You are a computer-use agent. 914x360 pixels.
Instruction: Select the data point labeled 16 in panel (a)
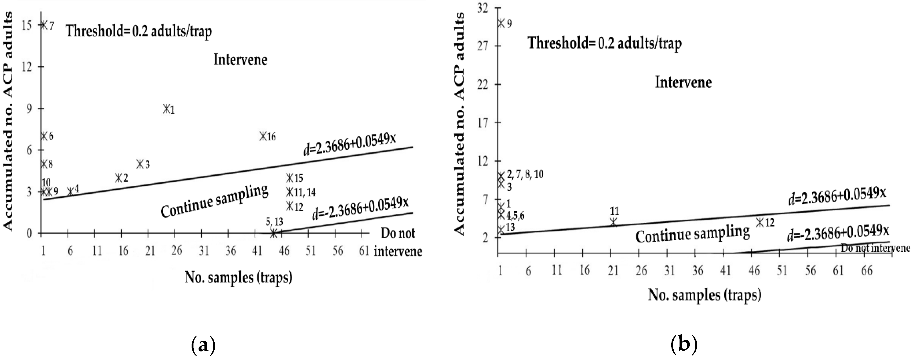click(x=263, y=136)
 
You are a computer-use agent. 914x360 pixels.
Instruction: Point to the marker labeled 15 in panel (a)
click(x=290, y=178)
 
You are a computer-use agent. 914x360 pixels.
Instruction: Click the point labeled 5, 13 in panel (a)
click(x=273, y=233)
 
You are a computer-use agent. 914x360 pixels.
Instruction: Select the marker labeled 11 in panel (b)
click(x=613, y=222)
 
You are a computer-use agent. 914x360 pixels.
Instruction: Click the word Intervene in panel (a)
click(x=240, y=59)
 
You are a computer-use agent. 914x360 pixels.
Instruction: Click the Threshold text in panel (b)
click(x=605, y=44)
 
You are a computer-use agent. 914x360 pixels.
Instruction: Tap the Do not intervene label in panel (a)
click(x=398, y=242)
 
